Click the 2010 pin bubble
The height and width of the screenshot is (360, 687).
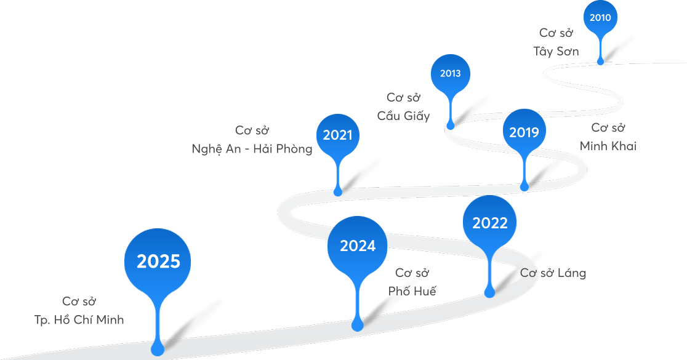point(600,18)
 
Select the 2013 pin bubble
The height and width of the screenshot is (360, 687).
point(450,74)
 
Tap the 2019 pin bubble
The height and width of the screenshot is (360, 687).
point(524,132)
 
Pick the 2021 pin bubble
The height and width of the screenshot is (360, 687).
point(337,135)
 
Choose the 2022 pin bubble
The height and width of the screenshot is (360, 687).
point(489,223)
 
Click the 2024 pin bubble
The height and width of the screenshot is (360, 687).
point(357,246)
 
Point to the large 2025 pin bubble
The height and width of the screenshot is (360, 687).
point(158,262)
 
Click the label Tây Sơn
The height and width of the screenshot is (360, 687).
point(556,52)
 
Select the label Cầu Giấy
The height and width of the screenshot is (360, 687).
point(403,116)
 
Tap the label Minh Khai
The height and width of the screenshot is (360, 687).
point(608,146)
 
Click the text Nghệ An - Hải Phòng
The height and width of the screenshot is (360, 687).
point(252,150)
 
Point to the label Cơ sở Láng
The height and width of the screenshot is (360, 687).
point(553,273)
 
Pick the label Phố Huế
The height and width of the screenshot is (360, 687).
point(412,292)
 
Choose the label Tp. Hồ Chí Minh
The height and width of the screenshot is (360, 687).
point(79,320)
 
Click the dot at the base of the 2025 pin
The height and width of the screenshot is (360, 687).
point(158,349)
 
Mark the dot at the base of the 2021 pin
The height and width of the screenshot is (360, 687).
point(338,192)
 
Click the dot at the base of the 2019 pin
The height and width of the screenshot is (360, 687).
point(524,186)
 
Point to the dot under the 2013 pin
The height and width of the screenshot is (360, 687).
point(451,124)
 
